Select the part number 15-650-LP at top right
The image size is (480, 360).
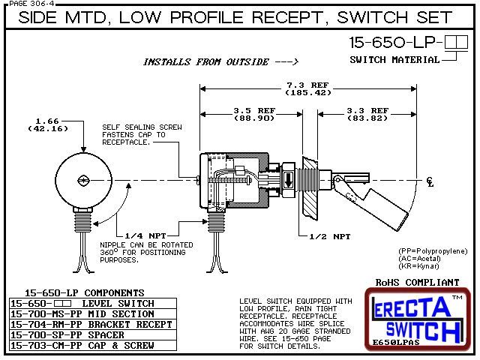(x=392, y=44)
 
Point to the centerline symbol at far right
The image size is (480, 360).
(x=429, y=181)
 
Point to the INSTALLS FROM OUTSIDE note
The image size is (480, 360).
(x=221, y=61)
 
